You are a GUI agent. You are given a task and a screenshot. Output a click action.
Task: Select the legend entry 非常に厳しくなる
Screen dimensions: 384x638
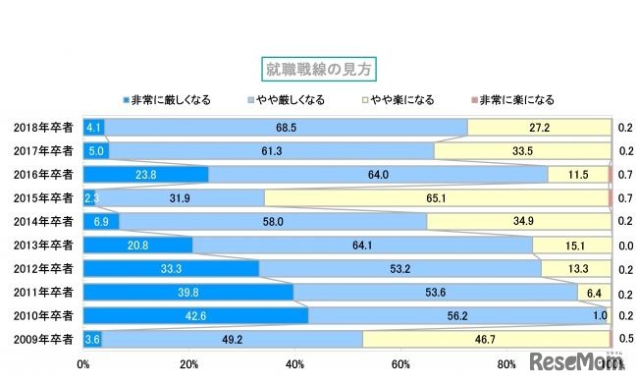click(x=161, y=100)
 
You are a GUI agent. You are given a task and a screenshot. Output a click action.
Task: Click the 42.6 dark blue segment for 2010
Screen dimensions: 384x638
click(x=195, y=315)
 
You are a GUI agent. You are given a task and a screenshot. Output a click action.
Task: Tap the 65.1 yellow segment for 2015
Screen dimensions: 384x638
click(x=437, y=198)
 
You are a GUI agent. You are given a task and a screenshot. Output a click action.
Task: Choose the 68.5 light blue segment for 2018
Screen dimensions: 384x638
click(x=287, y=128)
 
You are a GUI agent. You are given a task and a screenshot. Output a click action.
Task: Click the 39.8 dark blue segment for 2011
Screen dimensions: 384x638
click(x=188, y=292)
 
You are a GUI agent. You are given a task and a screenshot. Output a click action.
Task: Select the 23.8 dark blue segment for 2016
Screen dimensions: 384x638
click(x=145, y=175)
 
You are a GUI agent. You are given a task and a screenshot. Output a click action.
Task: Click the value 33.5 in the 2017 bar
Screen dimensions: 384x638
click(x=522, y=151)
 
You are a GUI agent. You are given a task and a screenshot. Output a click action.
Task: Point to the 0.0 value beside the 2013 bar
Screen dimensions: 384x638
click(x=624, y=245)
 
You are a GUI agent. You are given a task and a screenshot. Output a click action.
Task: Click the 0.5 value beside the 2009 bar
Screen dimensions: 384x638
click(x=624, y=339)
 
